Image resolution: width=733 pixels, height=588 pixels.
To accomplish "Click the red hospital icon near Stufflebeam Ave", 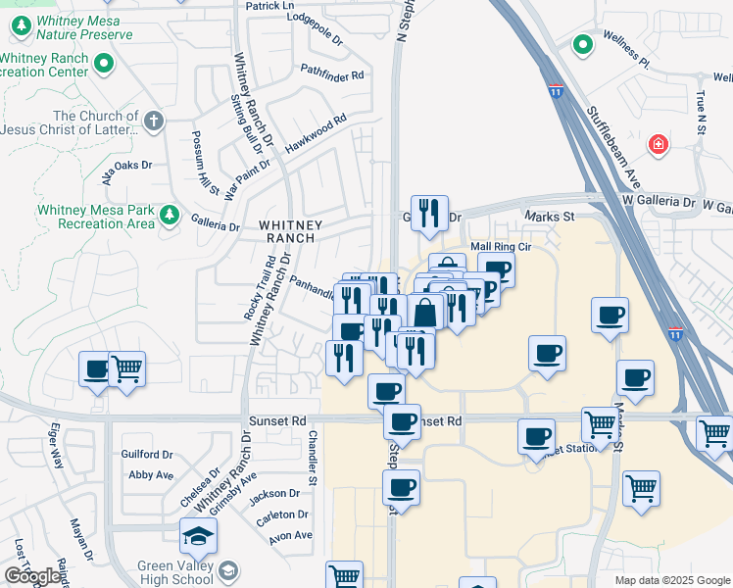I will [x=659, y=145].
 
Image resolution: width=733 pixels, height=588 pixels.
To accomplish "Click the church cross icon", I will [x=152, y=122].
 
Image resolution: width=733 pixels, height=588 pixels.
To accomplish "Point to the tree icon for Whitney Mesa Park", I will [x=170, y=215].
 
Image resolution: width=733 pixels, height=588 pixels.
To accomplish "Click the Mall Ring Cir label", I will [x=501, y=247].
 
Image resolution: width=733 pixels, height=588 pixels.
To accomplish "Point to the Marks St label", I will [x=548, y=218].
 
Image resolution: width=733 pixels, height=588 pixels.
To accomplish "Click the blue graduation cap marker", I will [x=198, y=537].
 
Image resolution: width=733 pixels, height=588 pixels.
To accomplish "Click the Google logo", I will [x=33, y=577].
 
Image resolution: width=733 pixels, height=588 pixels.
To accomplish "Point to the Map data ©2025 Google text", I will [x=670, y=580].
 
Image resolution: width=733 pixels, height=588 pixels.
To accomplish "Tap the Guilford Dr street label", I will [x=147, y=455].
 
